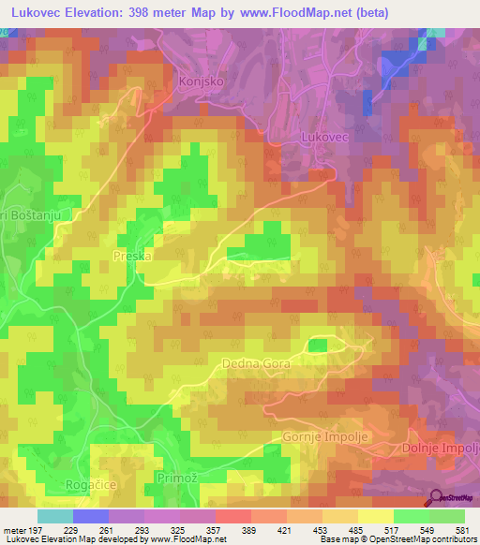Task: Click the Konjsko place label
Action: coord(198,81)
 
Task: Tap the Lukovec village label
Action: coord(324,137)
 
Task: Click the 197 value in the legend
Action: coord(35,530)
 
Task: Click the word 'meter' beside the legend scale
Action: coord(13,530)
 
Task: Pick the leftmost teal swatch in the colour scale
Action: coord(55,516)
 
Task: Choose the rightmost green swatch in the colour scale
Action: coord(446,516)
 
